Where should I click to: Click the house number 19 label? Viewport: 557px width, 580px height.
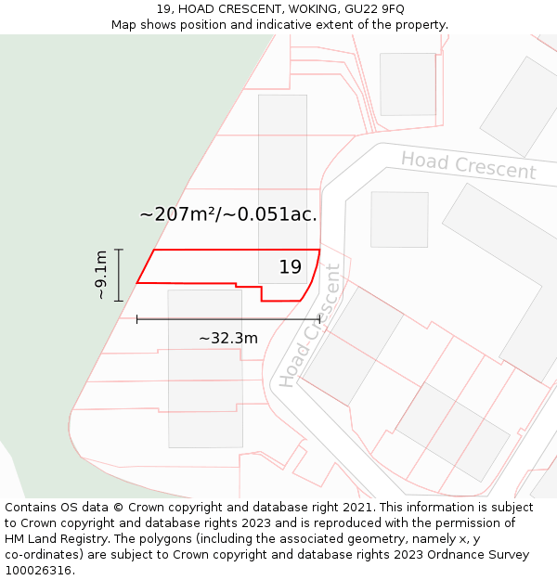point(291,267)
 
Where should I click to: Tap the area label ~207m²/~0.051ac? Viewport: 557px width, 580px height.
point(228,214)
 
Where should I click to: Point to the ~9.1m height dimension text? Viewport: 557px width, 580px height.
point(101,275)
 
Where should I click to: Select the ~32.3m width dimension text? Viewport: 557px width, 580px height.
point(228,339)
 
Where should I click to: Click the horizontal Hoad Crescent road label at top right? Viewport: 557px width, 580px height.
point(468,165)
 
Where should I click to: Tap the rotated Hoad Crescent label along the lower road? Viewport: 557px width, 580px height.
point(310,327)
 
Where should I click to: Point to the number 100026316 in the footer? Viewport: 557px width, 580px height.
point(37,571)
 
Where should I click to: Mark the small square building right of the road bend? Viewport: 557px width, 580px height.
point(399,219)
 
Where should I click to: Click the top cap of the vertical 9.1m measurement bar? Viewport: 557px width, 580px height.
point(119,250)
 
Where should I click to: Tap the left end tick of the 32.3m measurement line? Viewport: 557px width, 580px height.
point(137,319)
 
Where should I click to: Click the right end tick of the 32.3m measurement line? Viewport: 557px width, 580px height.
point(319,319)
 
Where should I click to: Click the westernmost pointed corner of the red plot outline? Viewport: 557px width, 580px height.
point(137,282)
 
